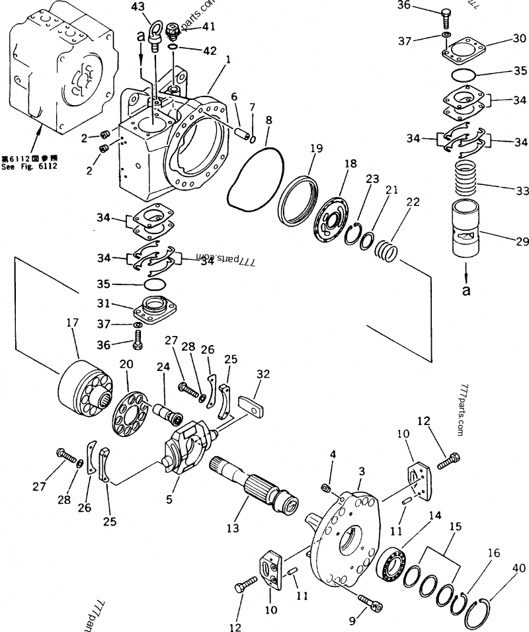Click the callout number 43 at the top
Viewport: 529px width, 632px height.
(138, 7)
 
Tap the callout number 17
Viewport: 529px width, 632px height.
(73, 323)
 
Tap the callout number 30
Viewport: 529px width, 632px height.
(520, 39)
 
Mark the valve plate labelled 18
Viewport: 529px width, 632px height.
(331, 221)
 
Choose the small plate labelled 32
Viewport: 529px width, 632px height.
(251, 406)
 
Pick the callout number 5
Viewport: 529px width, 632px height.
(169, 500)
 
